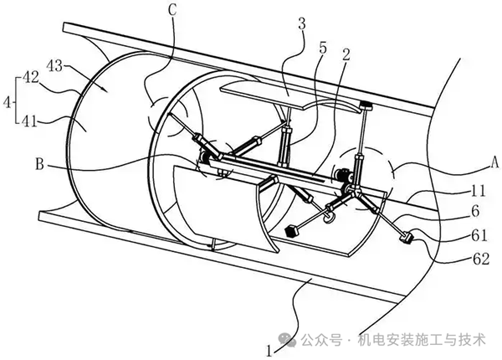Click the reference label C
click(172, 10)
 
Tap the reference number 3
click(301, 24)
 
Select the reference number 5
click(323, 48)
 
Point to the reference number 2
click(346, 54)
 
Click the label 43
click(54, 66)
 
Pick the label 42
click(30, 78)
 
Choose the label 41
click(30, 121)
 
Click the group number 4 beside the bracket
click(7, 103)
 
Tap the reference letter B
click(39, 165)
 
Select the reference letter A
click(494, 162)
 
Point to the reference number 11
click(478, 191)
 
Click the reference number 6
click(476, 211)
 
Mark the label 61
click(479, 236)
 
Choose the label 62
click(481, 259)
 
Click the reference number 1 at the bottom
click(269, 352)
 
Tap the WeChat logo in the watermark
click(288, 340)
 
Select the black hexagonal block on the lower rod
click(290, 231)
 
